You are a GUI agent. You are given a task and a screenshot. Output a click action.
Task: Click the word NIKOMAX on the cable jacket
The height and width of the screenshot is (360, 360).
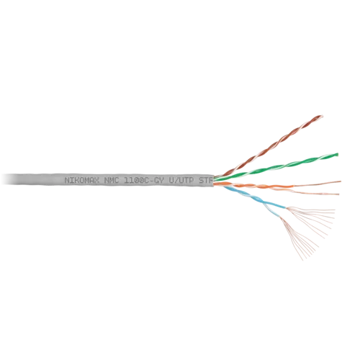tap(82, 181)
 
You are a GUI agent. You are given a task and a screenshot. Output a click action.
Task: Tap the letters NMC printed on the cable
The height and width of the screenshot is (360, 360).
tap(112, 181)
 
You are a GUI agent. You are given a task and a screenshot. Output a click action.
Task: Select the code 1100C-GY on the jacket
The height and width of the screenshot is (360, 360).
tap(144, 181)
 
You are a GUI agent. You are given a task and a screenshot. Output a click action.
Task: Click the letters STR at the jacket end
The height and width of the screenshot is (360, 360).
tap(206, 181)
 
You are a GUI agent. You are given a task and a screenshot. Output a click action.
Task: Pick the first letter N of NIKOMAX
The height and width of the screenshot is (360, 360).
tap(67, 181)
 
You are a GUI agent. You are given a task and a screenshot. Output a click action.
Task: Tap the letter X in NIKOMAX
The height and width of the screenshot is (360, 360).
tap(96, 181)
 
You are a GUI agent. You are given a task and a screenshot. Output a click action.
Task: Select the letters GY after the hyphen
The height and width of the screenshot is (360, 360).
tap(158, 181)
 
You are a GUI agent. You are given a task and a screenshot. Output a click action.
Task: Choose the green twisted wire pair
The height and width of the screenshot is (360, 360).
tap(276, 167)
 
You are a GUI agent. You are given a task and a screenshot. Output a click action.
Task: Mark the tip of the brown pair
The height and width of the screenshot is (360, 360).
tap(322, 117)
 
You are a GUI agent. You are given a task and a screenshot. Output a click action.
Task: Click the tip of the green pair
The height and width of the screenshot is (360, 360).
tap(337, 155)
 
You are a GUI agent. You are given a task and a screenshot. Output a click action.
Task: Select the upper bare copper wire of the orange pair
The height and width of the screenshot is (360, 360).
tap(317, 184)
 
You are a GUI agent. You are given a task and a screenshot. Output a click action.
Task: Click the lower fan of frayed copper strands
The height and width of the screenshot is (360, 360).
tap(299, 239)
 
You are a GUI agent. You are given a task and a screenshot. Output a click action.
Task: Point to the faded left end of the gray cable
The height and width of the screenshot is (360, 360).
tap(9, 179)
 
